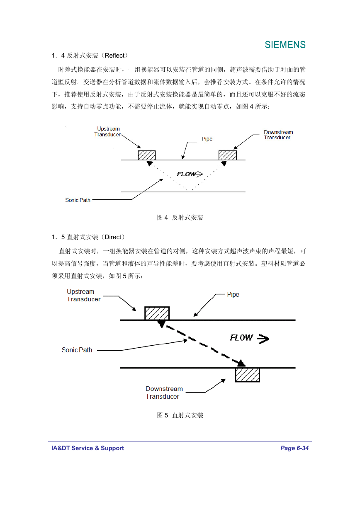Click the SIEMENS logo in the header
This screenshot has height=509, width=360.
(x=285, y=45)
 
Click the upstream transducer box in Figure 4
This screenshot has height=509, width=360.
(x=147, y=155)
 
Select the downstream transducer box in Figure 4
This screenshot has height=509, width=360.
(x=227, y=155)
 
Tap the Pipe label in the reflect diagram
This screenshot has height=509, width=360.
(x=207, y=139)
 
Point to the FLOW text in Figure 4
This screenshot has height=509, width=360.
(x=186, y=174)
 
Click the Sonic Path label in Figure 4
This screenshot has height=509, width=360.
(x=78, y=200)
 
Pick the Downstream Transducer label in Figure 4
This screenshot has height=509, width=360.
(x=278, y=135)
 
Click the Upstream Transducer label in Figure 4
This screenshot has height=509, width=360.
(x=107, y=131)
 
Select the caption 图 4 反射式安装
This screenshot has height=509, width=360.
(x=180, y=218)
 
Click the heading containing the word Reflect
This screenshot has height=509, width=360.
(x=90, y=56)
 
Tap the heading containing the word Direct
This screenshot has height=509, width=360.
(x=88, y=237)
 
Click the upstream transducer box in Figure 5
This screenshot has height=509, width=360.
(x=157, y=313)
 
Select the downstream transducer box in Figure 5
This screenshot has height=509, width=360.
(x=247, y=375)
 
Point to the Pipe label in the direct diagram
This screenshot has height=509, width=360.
(x=233, y=294)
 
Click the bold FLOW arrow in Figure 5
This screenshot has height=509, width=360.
(x=263, y=339)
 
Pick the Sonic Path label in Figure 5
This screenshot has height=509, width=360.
(x=77, y=350)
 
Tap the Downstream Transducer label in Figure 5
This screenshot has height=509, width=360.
(x=164, y=393)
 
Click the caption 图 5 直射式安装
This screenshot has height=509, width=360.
(x=180, y=415)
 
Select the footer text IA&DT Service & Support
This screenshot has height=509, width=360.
(x=88, y=448)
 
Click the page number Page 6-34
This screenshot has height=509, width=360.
(x=294, y=448)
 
